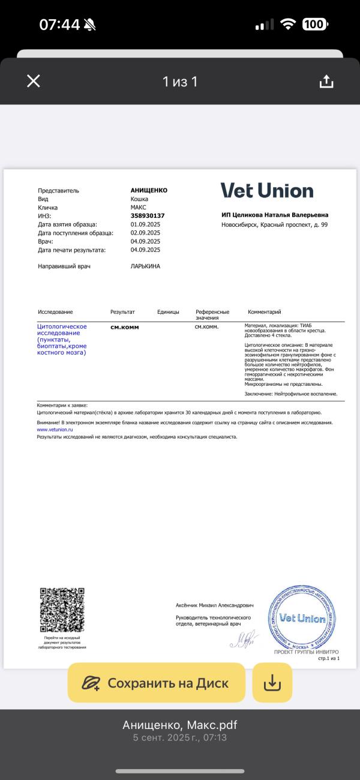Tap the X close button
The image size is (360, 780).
(34, 81)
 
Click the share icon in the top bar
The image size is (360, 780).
(326, 81)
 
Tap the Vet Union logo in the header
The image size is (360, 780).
(267, 191)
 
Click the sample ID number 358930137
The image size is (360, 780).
(148, 215)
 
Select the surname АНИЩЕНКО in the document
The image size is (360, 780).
(149, 190)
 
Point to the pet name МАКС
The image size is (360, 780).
(139, 207)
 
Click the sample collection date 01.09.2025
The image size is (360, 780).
(145, 224)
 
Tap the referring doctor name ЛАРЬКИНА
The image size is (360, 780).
(145, 266)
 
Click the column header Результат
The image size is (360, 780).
(122, 312)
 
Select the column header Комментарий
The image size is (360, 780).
(264, 312)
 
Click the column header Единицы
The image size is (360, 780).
(168, 312)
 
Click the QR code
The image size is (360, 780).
(62, 610)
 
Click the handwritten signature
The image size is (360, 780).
(244, 638)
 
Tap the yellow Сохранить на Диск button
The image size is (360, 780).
(157, 683)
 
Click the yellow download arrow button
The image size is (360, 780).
(272, 683)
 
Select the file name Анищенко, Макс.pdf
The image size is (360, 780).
(180, 725)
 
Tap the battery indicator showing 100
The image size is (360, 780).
(314, 25)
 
